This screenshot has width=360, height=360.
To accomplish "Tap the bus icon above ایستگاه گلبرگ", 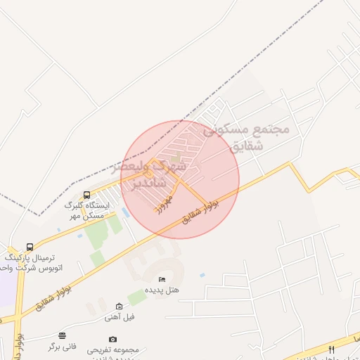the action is coord(86,195).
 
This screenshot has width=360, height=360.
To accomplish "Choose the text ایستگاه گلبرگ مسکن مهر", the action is coord(84,210).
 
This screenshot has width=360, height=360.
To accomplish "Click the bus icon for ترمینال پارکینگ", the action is coord(30,247).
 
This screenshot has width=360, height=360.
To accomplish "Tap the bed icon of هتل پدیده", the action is coord(162,279).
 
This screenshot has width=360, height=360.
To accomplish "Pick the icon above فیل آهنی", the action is coord(119,306).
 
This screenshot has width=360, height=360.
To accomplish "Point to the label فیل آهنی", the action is coord(120,316).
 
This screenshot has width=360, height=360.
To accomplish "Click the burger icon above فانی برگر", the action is coord(63,335).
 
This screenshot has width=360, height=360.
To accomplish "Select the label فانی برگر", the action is coord(63,346).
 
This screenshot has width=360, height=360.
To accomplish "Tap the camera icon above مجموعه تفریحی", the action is coord(113,339).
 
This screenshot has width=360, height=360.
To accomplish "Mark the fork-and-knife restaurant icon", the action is coord(331,349).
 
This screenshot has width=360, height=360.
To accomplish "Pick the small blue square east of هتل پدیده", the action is coord(202,275).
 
